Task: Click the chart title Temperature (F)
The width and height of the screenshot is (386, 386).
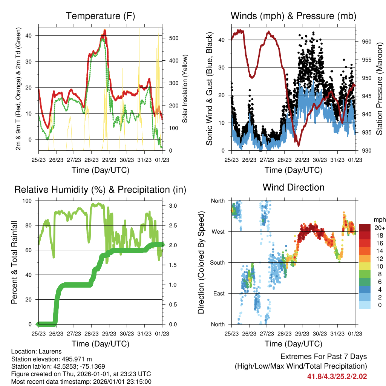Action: point(100,16)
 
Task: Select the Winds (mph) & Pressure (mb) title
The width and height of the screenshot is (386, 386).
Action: point(293,16)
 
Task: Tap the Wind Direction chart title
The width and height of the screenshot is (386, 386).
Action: point(293,187)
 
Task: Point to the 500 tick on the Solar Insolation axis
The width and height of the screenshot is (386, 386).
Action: point(174,38)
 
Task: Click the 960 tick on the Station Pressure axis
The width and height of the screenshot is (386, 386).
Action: point(366,41)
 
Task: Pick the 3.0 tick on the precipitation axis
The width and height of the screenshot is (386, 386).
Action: point(173,206)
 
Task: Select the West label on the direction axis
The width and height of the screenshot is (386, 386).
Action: point(218,232)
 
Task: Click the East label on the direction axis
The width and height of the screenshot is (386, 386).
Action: point(219,293)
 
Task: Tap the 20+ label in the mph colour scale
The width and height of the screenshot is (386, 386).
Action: point(380,228)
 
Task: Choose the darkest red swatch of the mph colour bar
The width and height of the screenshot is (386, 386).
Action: point(365,228)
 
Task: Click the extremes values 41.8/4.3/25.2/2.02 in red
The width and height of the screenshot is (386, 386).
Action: point(337,377)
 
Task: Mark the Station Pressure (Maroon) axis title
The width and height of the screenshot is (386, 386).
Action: point(379,89)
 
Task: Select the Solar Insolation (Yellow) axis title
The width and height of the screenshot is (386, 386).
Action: point(185,89)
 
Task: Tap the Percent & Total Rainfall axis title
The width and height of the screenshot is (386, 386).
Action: point(14,262)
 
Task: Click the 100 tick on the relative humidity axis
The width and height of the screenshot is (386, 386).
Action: point(27,201)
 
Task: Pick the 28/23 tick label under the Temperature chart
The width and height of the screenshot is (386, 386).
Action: point(91,160)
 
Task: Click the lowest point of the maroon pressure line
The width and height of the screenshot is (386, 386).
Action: point(299,146)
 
